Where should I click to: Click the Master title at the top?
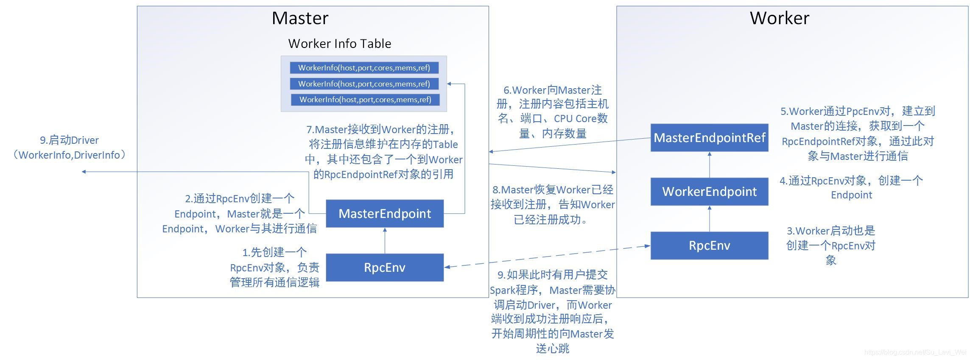tap(300, 18)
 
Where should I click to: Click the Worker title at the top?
tap(779, 18)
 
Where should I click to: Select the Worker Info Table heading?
tap(339, 44)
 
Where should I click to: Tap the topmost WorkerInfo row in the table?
tap(364, 68)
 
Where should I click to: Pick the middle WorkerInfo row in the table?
tap(364, 84)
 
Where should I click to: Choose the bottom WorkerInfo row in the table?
tap(365, 100)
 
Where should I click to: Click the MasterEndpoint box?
tap(384, 214)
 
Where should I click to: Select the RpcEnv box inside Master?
tap(384, 268)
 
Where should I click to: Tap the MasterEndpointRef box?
tap(709, 138)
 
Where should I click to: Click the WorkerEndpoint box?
tap(709, 192)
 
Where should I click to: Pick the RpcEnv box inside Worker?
tap(709, 246)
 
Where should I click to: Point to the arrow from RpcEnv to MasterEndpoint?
tap(385, 241)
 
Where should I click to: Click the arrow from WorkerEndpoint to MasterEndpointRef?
tap(710, 165)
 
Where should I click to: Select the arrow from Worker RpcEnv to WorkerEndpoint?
tap(710, 219)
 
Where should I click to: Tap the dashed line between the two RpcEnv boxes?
tap(547, 257)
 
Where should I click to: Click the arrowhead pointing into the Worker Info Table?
tap(450, 84)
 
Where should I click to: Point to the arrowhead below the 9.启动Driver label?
tap(84, 172)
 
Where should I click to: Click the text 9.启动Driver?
tap(69, 140)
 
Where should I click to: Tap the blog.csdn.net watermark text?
tap(915, 352)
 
